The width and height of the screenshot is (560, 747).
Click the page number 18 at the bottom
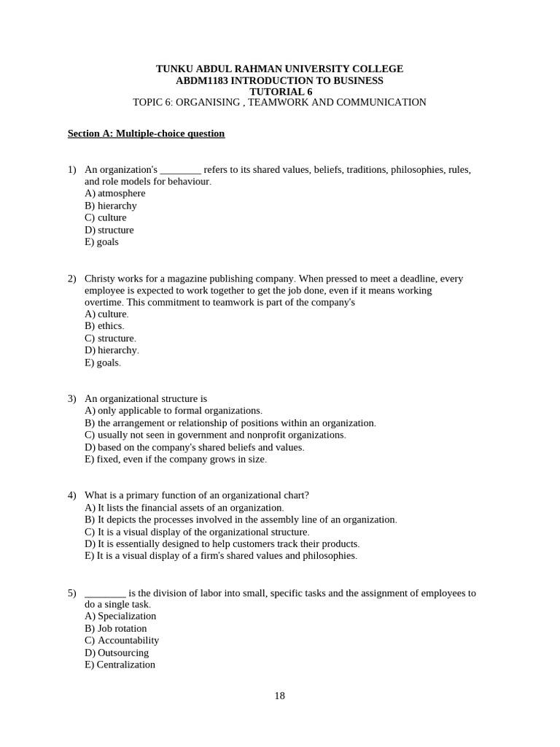(280, 696)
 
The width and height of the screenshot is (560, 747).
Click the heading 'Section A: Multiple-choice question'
(146, 133)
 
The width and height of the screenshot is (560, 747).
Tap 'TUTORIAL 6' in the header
(281, 91)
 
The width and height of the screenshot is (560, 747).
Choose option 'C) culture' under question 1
(106, 217)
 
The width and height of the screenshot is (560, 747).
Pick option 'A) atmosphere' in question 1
(115, 193)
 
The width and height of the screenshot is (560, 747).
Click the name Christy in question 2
(100, 278)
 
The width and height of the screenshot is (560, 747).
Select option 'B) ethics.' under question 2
(104, 326)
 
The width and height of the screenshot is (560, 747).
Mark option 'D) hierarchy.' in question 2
(112, 350)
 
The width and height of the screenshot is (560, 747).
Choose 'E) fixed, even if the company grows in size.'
(176, 459)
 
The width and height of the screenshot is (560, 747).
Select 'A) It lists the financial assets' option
(184, 508)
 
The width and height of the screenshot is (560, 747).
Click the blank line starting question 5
(105, 593)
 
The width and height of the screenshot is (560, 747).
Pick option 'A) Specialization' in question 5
(120, 616)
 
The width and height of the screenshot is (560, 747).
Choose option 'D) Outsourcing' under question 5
(117, 653)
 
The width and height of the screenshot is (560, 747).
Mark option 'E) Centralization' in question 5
(120, 665)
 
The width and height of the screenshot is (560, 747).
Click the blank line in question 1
(180, 170)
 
